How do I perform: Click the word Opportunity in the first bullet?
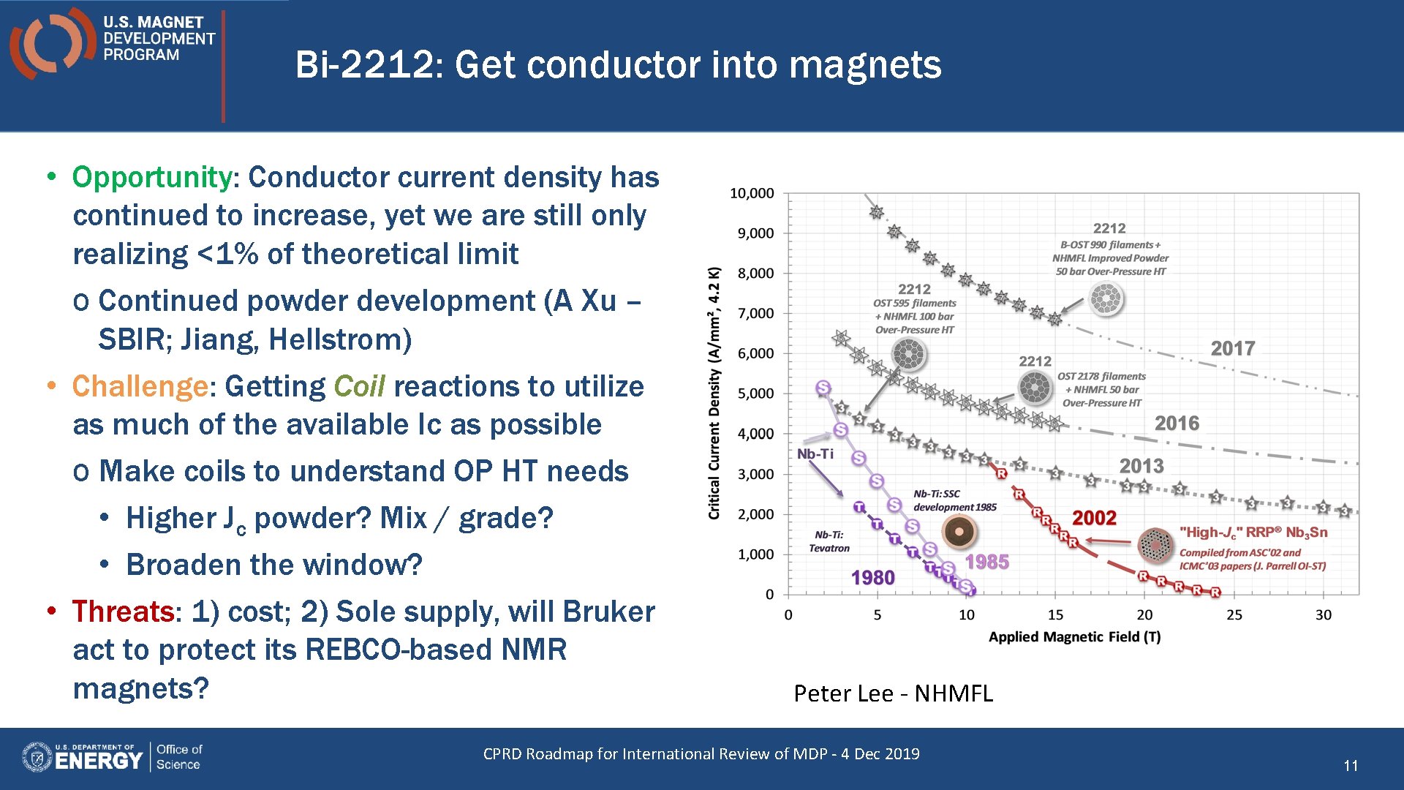pos(151,178)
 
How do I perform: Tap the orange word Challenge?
pos(140,386)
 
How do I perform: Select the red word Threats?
pos(123,612)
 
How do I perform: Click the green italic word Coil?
pos(359,386)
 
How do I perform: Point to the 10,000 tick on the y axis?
pos(752,193)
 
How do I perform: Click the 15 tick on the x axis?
pos(1055,615)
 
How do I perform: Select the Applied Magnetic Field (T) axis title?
pos(1074,637)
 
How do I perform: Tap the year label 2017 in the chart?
pos(1233,348)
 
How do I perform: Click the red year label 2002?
pos(1094,518)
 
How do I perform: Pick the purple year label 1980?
pos(872,578)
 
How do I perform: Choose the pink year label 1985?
pos(986,562)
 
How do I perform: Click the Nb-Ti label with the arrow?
pos(815,454)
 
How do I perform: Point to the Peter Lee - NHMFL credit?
pos(893,693)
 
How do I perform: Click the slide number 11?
pos(1351,766)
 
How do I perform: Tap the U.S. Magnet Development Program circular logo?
pos(52,42)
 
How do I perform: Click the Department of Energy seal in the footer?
pos(37,757)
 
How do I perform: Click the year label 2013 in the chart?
pos(1141,466)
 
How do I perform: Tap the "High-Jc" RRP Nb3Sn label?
pos(1253,533)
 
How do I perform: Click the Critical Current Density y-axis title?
pos(714,393)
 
